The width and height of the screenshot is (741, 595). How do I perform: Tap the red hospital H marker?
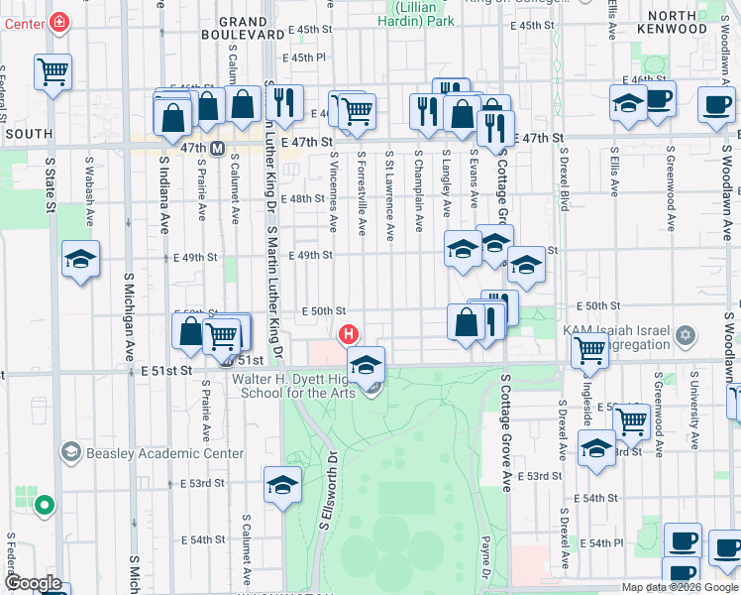(349, 334)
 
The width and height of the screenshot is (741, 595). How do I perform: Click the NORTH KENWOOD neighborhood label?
(688, 23)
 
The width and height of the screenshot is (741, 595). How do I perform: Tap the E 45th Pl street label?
(302, 58)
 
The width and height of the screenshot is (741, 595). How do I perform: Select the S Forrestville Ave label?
(363, 193)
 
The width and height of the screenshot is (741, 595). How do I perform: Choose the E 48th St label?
(301, 198)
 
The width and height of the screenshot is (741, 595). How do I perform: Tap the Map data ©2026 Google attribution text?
(679, 587)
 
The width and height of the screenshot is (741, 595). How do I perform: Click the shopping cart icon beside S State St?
(53, 71)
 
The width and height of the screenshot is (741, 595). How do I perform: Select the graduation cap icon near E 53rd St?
(282, 486)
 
